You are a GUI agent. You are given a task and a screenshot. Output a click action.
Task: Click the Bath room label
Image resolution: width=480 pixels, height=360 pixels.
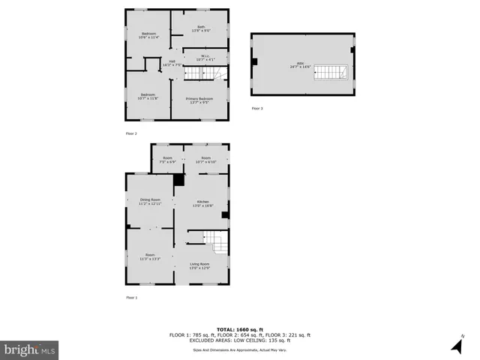click(201, 28)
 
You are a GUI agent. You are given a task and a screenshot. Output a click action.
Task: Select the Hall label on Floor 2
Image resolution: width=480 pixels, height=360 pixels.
click(172, 63)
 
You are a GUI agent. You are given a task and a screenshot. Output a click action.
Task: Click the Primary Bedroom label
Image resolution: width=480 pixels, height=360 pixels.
click(199, 100)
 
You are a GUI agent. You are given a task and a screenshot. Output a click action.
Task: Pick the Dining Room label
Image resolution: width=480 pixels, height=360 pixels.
click(150, 200)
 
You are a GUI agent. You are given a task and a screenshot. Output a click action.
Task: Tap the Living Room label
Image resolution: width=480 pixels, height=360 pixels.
click(199, 265)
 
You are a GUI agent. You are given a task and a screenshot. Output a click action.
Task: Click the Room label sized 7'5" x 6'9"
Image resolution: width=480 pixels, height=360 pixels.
click(167, 159)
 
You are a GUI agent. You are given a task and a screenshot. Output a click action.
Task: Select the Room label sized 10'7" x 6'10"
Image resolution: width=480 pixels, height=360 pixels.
click(205, 159)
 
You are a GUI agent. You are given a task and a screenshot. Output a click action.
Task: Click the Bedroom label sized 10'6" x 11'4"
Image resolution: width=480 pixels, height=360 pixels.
click(149, 34)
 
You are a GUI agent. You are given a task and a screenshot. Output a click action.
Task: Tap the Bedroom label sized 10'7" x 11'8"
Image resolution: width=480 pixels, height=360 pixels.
click(148, 95)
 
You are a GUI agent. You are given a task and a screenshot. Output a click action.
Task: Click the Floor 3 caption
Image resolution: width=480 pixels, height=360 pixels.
click(257, 109)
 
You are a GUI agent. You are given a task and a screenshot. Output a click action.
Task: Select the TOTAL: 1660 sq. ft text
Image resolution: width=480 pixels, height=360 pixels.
click(239, 329)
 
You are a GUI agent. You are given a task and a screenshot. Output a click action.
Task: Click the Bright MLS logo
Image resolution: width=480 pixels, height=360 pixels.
click(31, 349)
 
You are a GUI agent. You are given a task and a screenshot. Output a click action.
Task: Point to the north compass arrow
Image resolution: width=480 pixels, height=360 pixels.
click(456, 346)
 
